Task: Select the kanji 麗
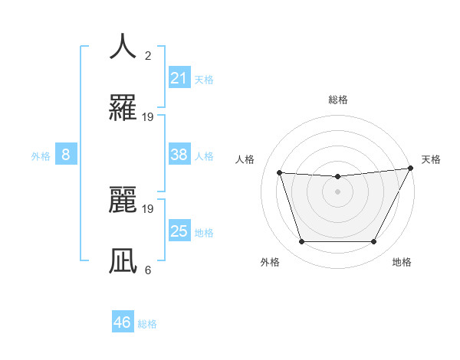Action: pos(123,198)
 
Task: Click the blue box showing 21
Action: pos(179,78)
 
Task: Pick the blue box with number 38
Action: pos(179,155)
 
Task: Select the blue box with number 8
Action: pos(66,155)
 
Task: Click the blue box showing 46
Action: pos(123,322)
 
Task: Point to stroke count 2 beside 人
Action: pos(148,55)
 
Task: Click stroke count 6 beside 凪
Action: pos(148,270)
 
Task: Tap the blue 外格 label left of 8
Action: pos(41,155)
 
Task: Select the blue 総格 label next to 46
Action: pos(147,323)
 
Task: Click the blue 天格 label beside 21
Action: pos(204,79)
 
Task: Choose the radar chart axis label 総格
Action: pos(338,100)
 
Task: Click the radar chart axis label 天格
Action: pos(431,159)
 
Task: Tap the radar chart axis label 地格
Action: pos(402,262)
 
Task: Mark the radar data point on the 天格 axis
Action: pos(412,168)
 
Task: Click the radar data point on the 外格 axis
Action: pos(301,242)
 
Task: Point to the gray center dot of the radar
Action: pos(337,191)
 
